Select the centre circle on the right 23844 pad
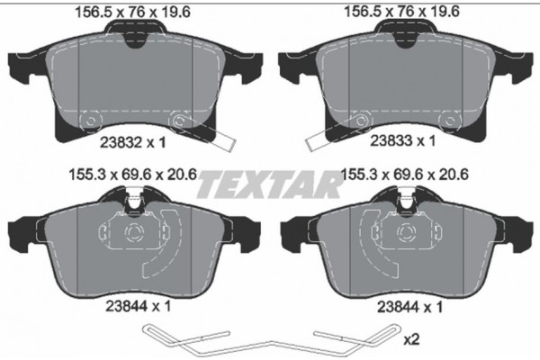pyautogui.click(x=403, y=237)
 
